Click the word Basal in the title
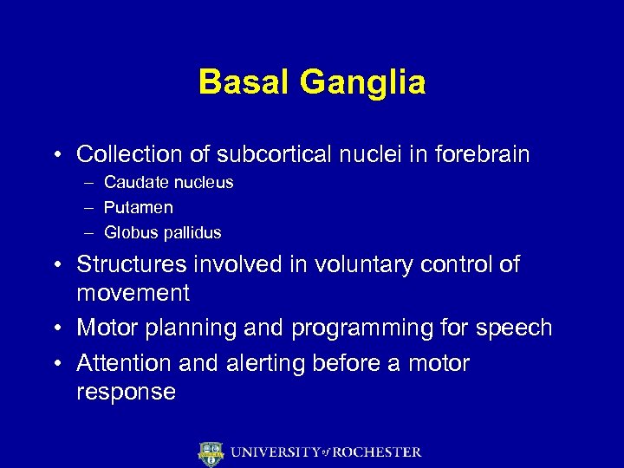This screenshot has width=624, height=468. (244, 82)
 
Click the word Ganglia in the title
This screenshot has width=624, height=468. (362, 84)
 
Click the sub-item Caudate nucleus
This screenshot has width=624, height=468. (168, 183)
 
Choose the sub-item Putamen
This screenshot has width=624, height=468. (139, 208)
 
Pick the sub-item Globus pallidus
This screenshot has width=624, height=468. (163, 233)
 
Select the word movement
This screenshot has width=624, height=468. (133, 293)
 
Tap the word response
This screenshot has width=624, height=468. (127, 392)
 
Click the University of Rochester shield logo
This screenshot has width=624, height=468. (211, 453)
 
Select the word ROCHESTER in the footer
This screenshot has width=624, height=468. (377, 452)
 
